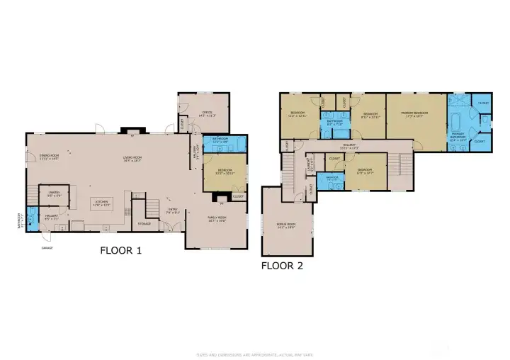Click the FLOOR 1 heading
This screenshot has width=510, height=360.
point(122,250)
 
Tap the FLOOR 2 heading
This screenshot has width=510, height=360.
point(283,266)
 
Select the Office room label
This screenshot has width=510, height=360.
point(207,113)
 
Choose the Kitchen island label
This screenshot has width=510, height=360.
point(101,203)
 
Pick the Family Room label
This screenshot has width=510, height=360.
point(217,219)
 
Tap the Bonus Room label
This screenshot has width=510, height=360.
point(285,226)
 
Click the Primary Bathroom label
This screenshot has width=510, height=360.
point(458,137)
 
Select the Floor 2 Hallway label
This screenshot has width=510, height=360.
point(347,146)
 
